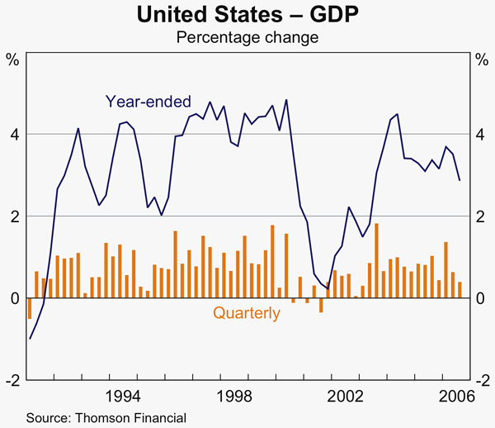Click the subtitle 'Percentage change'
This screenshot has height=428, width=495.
tap(247, 36)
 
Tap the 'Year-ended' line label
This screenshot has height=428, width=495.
tap(148, 102)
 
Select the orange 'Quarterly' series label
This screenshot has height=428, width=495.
tap(247, 313)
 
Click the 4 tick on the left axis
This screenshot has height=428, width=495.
tap(13, 134)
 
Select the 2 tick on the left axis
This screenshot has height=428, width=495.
tap(13, 216)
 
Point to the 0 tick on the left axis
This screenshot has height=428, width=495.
tap(13, 298)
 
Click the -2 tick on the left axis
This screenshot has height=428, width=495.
tap(12, 380)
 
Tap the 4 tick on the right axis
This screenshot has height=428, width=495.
tap(481, 134)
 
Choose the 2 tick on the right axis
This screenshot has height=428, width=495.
tap(481, 216)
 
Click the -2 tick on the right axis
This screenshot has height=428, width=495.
tap(483, 380)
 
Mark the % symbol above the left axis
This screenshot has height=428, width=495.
tap(12, 59)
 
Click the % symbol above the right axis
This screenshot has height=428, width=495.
tap(482, 59)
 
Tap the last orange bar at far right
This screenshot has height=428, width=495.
tap(460, 290)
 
